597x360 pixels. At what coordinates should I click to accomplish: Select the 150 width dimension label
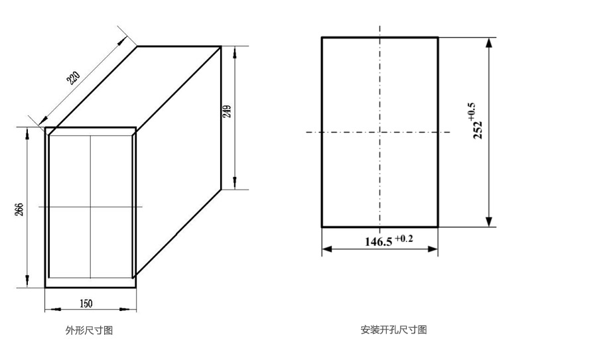click(x=86, y=304)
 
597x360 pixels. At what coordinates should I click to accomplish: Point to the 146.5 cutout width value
click(x=379, y=241)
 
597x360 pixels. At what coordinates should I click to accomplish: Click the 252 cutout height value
click(x=478, y=125)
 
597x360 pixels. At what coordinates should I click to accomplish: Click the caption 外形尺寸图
click(x=84, y=330)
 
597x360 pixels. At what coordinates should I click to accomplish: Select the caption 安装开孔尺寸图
click(x=393, y=330)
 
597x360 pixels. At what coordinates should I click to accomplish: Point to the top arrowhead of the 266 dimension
click(x=27, y=133)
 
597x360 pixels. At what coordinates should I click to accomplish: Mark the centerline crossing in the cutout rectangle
click(x=379, y=132)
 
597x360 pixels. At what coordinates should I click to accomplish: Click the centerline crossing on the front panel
click(x=91, y=207)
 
